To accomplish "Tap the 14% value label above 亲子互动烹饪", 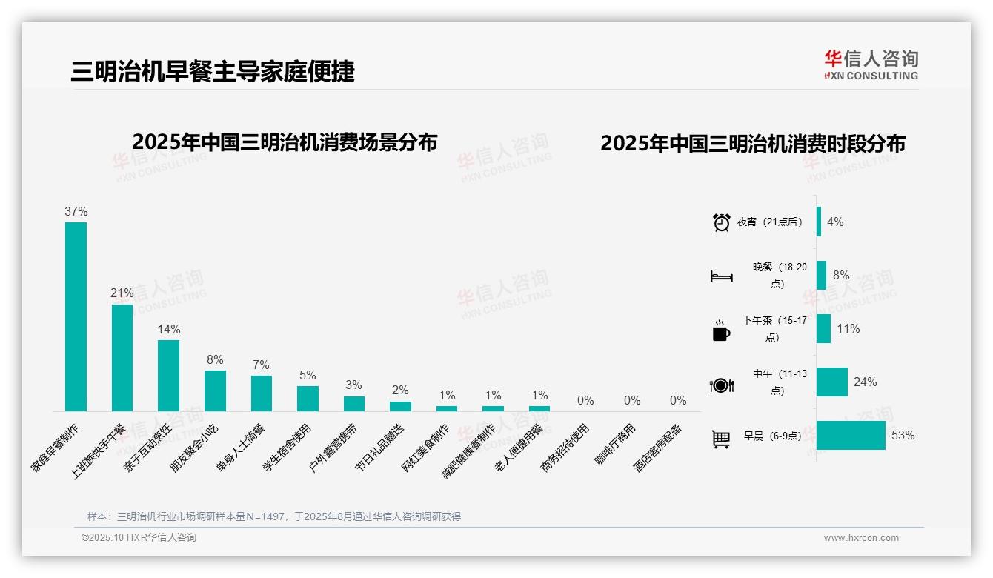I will coord(168,329).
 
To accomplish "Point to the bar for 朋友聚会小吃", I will coord(215,391).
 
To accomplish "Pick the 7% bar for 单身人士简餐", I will coord(262,393).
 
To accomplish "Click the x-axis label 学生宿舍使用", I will coord(288,448).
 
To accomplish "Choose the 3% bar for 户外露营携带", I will coord(354,403).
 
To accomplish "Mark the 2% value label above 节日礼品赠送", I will coord(400,391).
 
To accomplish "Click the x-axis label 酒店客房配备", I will coord(659,448).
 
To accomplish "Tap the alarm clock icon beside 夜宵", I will coord(721,222).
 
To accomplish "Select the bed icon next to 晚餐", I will coord(721,276).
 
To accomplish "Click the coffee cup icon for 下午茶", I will coord(721,330).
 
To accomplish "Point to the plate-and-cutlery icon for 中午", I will coord(721,385).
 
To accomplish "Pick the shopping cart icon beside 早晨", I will coord(721,439).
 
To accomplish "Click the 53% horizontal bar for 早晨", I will coord(851,435).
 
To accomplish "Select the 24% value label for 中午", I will coord(865,382).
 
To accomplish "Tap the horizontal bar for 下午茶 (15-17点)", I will coord(823,328).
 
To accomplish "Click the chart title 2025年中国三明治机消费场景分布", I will coord(285,142).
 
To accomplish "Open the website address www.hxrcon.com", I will coord(861,538).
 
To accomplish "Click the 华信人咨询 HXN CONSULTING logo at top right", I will coord(871,64).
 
